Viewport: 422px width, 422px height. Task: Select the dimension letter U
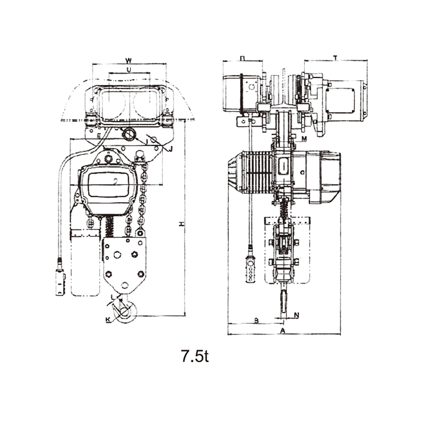(x=129, y=69)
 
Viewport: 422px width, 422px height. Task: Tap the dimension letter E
(x=98, y=137)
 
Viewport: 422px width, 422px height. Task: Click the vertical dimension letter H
(x=181, y=224)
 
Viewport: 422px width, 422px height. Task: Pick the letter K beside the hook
(x=108, y=320)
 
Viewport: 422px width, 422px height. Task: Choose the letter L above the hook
(x=113, y=299)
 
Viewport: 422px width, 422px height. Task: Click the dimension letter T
(x=335, y=56)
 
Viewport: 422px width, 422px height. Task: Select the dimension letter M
(x=304, y=138)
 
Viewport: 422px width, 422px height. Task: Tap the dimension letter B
(x=256, y=320)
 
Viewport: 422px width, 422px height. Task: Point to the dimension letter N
(x=296, y=315)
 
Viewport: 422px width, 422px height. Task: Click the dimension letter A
(x=283, y=331)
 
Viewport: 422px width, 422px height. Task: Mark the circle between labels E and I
(x=128, y=135)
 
